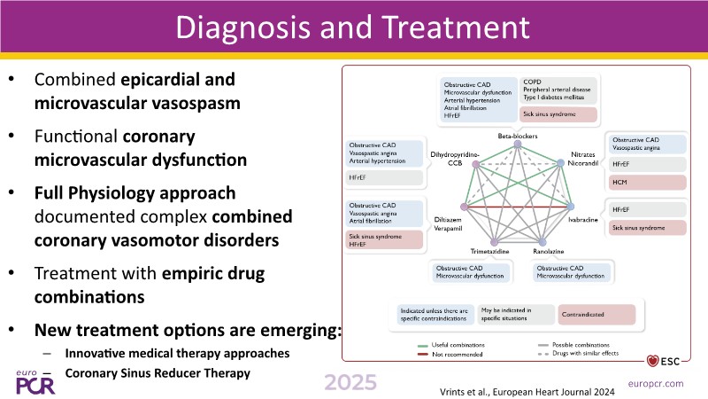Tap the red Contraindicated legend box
pyautogui.click(x=597, y=313)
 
